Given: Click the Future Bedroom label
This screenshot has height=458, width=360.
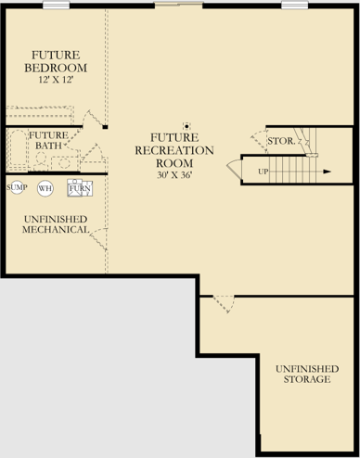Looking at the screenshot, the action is click(x=56, y=61).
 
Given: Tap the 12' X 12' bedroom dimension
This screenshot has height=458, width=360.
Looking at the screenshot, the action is click(x=56, y=80).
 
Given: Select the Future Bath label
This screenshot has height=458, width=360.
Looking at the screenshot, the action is click(x=48, y=140).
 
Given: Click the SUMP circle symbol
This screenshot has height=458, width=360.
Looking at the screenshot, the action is click(x=17, y=187).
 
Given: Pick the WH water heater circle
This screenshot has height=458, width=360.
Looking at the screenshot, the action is click(x=45, y=188).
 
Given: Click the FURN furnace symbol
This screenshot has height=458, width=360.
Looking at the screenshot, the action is click(x=80, y=188).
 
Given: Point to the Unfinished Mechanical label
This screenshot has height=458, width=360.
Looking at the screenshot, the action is click(x=56, y=224).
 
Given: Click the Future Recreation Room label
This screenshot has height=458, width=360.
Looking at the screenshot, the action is click(x=174, y=150).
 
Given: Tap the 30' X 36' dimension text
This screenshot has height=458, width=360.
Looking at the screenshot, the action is click(x=174, y=175).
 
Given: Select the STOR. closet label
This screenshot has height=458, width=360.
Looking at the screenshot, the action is click(x=281, y=141).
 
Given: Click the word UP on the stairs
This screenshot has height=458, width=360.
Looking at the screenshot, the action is click(x=264, y=172).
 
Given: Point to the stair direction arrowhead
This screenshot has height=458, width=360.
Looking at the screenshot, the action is click(x=328, y=172).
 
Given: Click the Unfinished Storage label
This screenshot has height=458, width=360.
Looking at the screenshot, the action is click(x=307, y=374).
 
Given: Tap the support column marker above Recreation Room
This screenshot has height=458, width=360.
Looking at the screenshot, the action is click(x=186, y=126).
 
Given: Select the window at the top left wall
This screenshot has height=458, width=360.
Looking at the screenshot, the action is click(x=56, y=5).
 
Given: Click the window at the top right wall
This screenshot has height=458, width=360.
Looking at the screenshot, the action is click(x=295, y=5).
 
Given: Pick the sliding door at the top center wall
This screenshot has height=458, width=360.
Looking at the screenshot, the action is click(x=179, y=5).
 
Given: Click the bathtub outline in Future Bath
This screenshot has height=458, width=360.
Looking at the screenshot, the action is click(x=18, y=150).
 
